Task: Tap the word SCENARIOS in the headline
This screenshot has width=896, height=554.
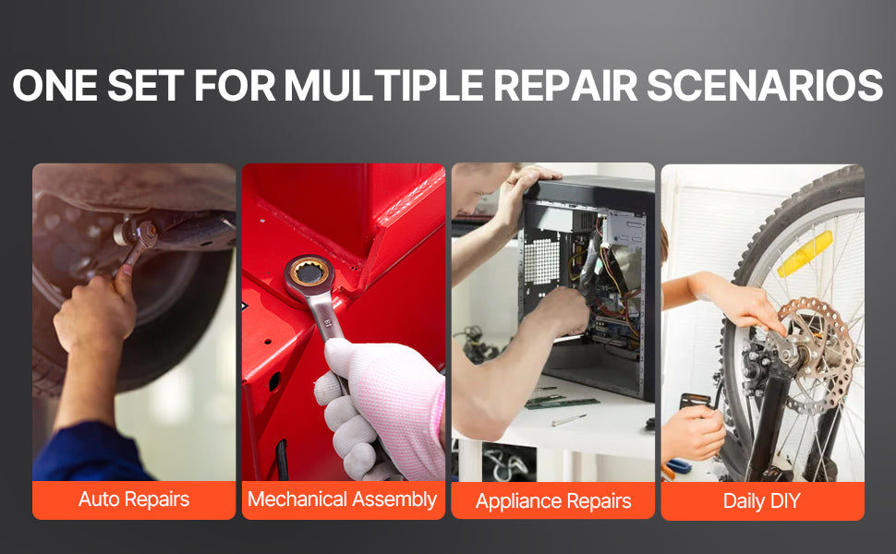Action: click(765, 86)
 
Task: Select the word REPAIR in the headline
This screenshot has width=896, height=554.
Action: click(565, 86)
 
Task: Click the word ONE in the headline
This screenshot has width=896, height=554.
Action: click(54, 86)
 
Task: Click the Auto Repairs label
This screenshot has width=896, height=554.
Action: click(134, 500)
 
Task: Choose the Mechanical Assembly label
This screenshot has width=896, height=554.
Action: click(343, 500)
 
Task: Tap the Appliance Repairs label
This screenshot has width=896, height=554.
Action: click(553, 500)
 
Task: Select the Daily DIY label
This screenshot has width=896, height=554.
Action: click(762, 500)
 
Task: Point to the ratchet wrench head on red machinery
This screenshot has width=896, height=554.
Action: click(309, 273)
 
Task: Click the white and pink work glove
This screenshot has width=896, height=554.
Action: click(380, 405)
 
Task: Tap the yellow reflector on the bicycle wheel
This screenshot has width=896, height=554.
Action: click(805, 254)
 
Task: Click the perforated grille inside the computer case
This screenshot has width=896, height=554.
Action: click(541, 261)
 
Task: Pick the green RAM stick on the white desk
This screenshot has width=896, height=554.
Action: click(562, 403)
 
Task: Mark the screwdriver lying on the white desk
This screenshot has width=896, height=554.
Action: click(569, 420)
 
